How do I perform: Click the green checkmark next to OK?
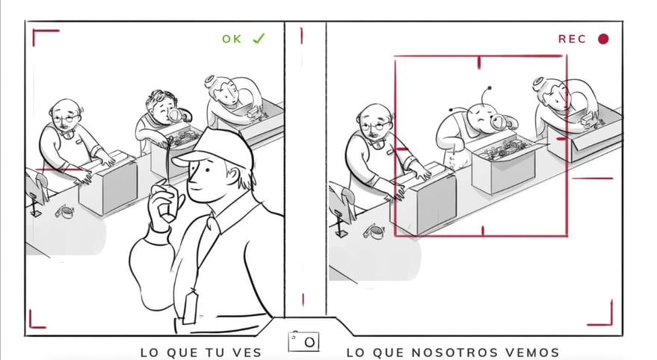pos(259,38)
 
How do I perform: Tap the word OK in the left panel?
pos(232,39)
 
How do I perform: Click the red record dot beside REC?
pos(603,39)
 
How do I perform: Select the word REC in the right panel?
pos(572,39)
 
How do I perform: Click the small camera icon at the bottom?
pos(304,341)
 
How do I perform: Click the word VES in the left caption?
pos(246,353)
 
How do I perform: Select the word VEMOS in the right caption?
pos(534,353)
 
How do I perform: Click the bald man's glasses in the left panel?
pos(66,118)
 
